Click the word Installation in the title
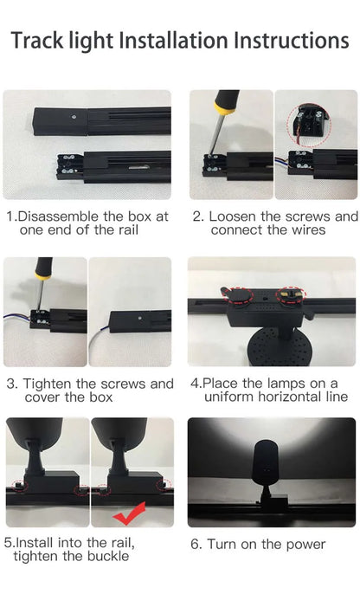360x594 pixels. click(x=169, y=40)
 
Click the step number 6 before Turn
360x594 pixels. click(x=196, y=544)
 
